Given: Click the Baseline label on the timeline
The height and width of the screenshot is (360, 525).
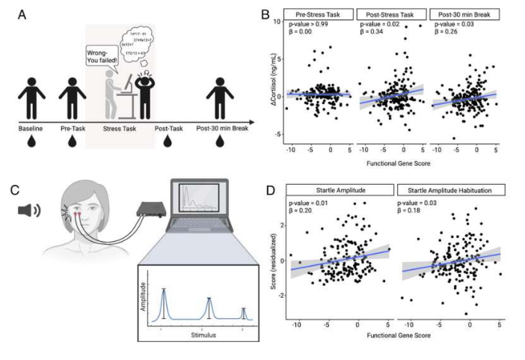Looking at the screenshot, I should pos(31,128).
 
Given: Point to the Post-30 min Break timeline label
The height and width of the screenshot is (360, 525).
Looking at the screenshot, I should pos(222,128).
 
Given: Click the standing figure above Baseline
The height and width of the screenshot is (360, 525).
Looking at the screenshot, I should pos(31,96).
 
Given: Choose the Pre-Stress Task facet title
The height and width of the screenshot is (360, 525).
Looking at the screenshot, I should pos(317,15).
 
